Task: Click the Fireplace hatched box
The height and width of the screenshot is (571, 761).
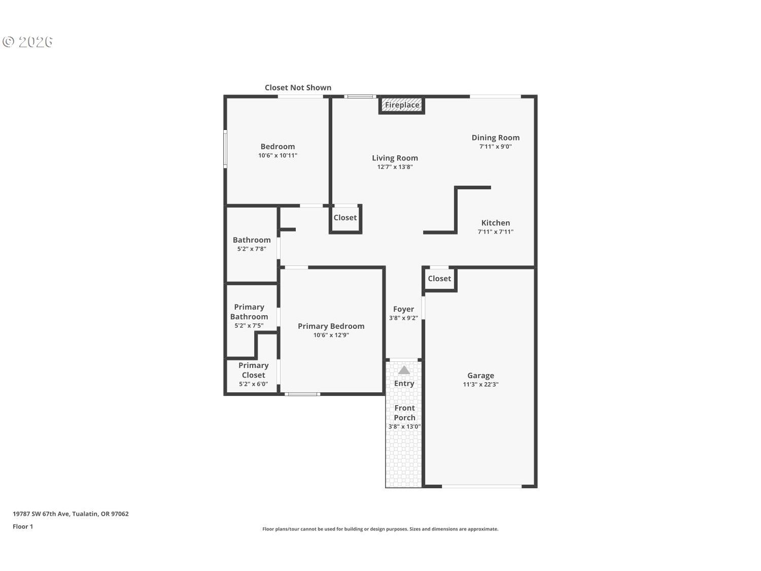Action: [x=401, y=105]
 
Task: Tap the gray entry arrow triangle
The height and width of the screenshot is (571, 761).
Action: [x=404, y=370]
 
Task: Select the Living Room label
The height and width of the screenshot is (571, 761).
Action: [x=395, y=158]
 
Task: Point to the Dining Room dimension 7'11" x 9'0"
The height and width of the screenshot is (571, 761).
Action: [x=496, y=147]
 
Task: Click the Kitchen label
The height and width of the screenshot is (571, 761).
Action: [x=496, y=223]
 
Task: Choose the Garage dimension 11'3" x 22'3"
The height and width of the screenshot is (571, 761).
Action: [x=480, y=385]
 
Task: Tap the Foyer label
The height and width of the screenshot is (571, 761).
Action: [x=403, y=309]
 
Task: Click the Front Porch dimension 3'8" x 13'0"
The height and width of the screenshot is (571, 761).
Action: [x=404, y=427]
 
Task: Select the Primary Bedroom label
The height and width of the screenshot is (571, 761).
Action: [x=331, y=326]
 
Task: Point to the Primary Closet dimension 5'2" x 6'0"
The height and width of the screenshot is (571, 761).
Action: [x=254, y=384]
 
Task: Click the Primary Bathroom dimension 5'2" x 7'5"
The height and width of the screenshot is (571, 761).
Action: [x=249, y=326]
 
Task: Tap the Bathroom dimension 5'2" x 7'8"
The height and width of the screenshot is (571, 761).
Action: [x=252, y=249]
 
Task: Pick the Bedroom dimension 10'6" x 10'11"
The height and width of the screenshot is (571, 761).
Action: [x=278, y=156]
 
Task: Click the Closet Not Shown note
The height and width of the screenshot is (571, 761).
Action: [x=298, y=88]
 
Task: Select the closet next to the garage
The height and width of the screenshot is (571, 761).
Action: [x=439, y=279]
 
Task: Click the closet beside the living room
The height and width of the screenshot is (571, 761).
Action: [x=345, y=218]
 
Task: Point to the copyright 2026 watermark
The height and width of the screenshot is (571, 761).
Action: [x=27, y=42]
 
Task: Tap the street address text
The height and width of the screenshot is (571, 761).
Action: [x=71, y=514]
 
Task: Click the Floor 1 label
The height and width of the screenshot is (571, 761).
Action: [x=23, y=527]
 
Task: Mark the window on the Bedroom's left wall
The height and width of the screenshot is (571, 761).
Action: [x=225, y=149]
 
